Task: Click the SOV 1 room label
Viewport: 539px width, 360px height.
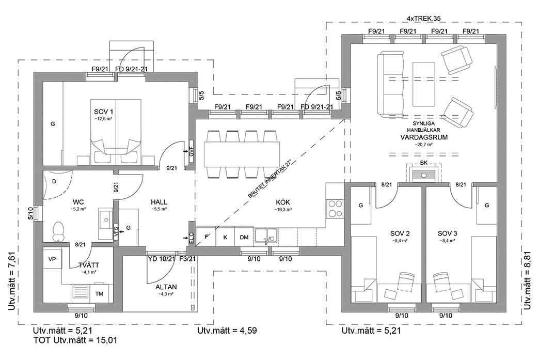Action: click(103, 112)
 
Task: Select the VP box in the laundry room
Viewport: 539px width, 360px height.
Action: click(52, 259)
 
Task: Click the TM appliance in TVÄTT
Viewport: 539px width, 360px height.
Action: click(99, 293)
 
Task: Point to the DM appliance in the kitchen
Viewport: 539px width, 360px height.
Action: click(244, 237)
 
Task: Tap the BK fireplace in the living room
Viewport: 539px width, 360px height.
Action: click(423, 173)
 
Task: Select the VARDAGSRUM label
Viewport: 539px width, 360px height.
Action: click(423, 138)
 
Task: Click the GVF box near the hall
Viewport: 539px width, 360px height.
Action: click(191, 152)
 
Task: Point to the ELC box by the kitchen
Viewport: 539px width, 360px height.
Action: click(191, 238)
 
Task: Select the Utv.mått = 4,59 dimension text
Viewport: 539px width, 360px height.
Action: click(227, 330)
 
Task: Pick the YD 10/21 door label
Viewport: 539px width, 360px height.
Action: click(161, 259)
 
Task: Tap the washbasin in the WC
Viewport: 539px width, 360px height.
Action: click(104, 220)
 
